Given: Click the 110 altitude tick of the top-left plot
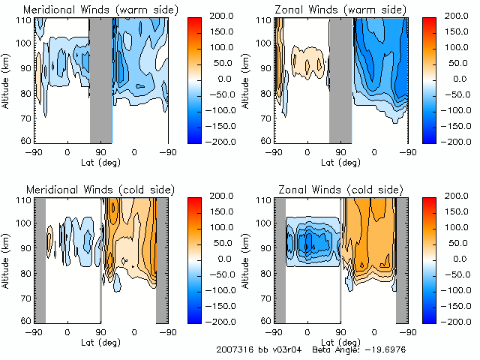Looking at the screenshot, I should [x=25, y=20].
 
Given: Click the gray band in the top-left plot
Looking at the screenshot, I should [x=100, y=79].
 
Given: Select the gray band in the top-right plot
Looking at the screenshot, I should [x=340, y=79].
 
